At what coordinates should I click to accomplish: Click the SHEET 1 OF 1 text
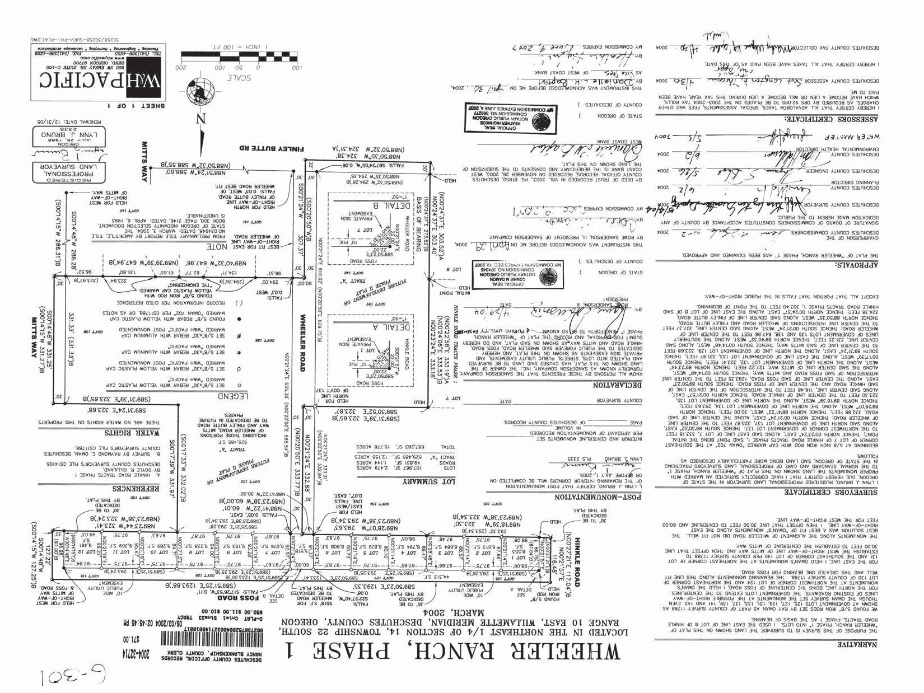click(132, 105)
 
